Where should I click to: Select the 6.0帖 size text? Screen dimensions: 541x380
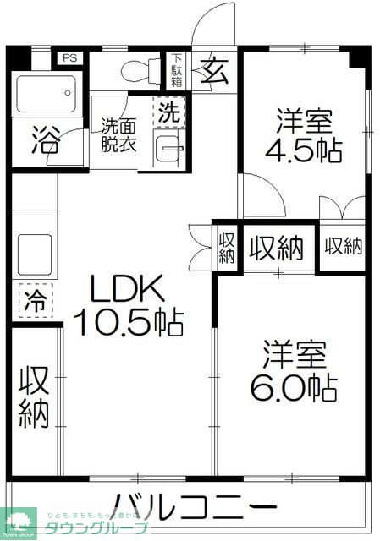pos(293,388)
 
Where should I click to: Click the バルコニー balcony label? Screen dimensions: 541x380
pos(195,508)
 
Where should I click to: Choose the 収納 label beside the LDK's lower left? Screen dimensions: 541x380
pos(35,395)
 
